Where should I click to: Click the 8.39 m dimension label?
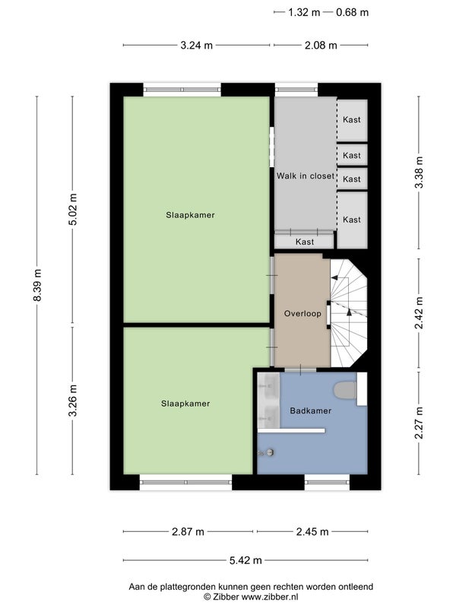click(x=37, y=285)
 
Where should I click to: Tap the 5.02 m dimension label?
click(x=72, y=209)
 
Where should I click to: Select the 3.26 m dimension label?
click(x=72, y=401)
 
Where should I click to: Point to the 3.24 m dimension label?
click(x=197, y=46)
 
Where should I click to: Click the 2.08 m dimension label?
click(x=321, y=46)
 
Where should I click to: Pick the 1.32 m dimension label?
click(x=304, y=12)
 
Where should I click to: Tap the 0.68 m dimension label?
click(x=352, y=12)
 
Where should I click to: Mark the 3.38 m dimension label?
click(x=420, y=173)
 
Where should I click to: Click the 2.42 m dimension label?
click(x=420, y=312)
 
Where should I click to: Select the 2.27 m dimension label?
click(x=420, y=423)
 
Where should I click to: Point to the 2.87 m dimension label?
click(x=188, y=531)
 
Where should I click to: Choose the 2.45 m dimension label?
click(x=312, y=531)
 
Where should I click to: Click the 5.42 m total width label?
click(x=245, y=560)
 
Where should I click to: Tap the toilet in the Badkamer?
click(x=345, y=391)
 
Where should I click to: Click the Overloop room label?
click(x=302, y=314)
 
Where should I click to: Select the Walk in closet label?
click(x=306, y=176)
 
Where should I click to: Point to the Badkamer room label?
click(x=311, y=410)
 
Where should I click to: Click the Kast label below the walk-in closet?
click(x=305, y=242)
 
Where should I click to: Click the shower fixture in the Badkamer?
click(x=268, y=452)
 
